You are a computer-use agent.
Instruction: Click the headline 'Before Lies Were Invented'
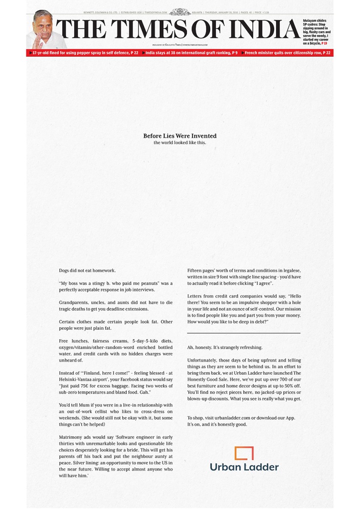180,136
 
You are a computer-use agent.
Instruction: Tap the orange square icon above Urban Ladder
244,453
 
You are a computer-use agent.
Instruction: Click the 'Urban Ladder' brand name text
244,467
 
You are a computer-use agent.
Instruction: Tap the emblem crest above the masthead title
179,12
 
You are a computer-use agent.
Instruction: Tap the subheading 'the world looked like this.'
180,142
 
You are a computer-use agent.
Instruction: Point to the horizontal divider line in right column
244,333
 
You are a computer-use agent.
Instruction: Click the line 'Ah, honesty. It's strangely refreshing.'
225,347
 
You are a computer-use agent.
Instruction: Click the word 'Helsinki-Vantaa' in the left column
75,379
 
